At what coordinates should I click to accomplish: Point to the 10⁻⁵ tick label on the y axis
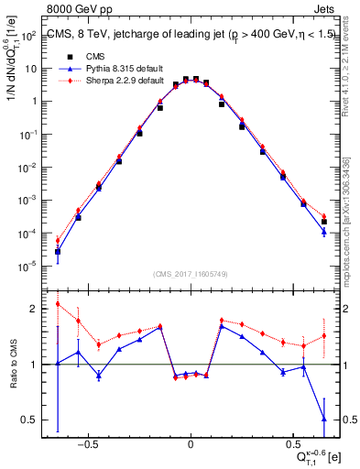click(x=29, y=267)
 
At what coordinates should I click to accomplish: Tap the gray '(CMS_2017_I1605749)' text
click(x=191, y=274)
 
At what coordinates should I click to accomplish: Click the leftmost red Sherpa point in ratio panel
click(x=58, y=304)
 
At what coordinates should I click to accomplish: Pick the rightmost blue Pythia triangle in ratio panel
click(x=324, y=419)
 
